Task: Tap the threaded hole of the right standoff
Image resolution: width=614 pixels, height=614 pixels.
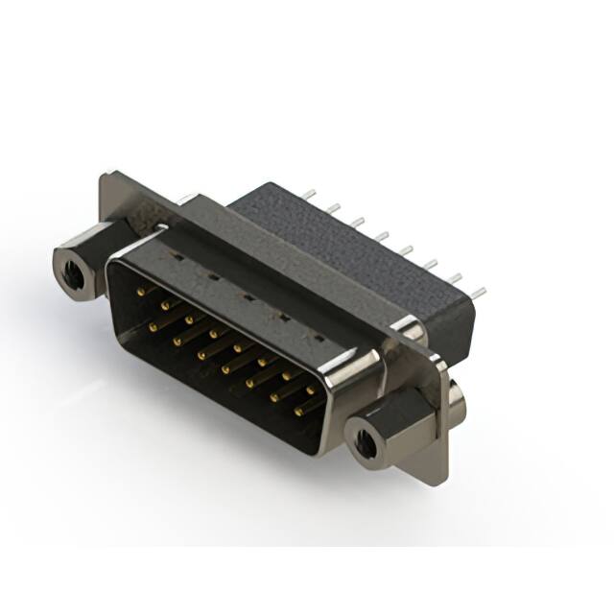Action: (x=366, y=442)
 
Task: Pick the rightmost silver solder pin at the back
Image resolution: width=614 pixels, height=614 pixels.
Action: (x=479, y=290)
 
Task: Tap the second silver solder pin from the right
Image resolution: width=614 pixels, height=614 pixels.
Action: (x=454, y=276)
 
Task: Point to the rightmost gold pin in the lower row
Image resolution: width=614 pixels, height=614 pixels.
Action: (x=301, y=411)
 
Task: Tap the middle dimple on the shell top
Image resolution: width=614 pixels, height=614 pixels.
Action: (x=247, y=296)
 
